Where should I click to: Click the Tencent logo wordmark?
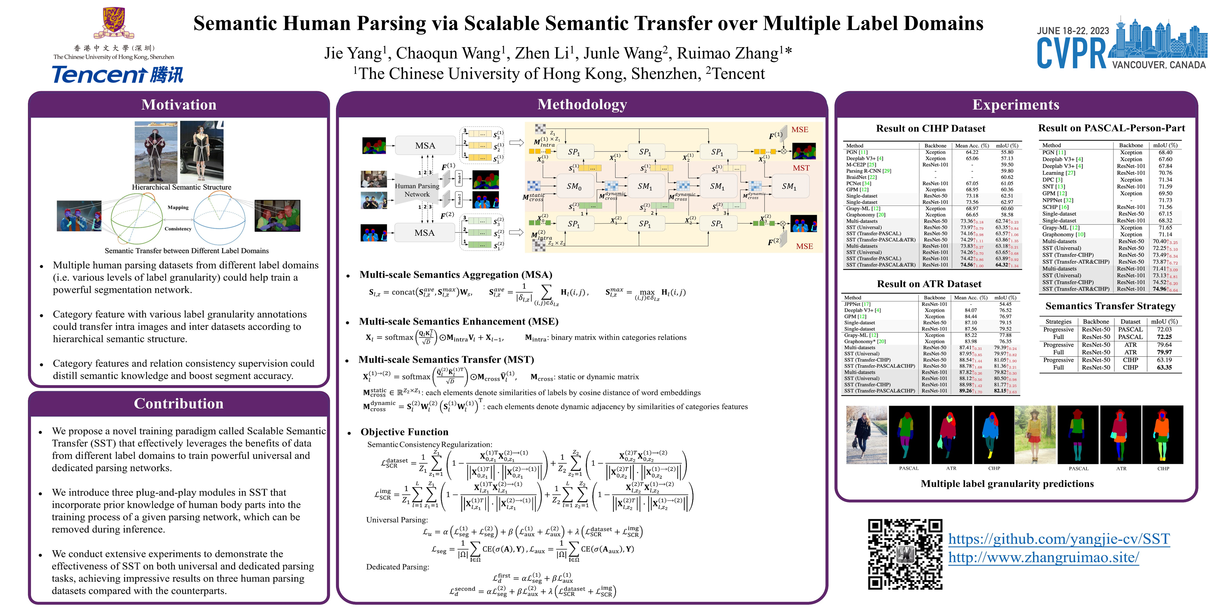[x=117, y=75]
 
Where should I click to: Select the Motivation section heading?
[x=179, y=105]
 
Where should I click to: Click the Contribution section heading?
[x=179, y=403]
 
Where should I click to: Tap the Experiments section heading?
[x=1016, y=105]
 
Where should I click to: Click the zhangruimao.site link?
[x=1043, y=557]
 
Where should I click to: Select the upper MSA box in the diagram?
[x=425, y=146]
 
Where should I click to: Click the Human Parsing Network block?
[x=417, y=190]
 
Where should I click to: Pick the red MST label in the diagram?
[x=801, y=168]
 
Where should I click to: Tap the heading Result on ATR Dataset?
[x=929, y=284]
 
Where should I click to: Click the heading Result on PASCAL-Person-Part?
[x=1111, y=128]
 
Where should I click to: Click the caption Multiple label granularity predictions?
[x=1007, y=483]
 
